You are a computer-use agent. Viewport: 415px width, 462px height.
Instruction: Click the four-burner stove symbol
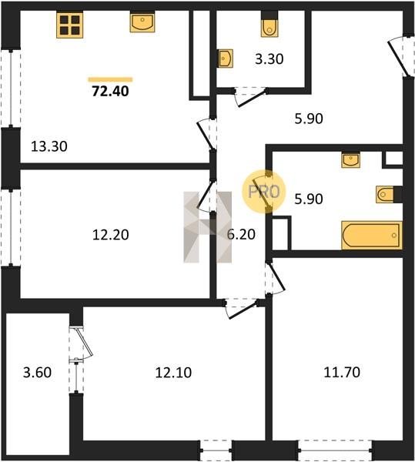(70, 25)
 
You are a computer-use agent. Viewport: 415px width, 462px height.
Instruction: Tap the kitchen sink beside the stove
(142, 22)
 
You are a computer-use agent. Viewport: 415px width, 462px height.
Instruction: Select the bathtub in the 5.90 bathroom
(372, 235)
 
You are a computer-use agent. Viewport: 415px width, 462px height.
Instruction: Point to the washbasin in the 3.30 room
(226, 59)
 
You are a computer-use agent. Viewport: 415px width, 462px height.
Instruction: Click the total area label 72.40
(110, 91)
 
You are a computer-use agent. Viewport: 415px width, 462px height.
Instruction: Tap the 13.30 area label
(49, 146)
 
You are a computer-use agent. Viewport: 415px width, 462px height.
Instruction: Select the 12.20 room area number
(110, 235)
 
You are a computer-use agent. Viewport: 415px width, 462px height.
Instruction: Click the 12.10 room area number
(173, 373)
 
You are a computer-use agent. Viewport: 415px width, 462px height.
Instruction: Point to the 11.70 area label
(342, 372)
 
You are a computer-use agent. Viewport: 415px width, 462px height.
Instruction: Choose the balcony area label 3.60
(38, 373)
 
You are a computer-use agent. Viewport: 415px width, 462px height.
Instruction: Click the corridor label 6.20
(241, 234)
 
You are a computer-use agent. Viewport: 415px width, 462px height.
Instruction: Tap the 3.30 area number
(269, 59)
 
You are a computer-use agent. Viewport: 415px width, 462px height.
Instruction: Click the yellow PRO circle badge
(264, 192)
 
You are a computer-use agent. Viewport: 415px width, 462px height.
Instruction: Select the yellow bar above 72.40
(110, 79)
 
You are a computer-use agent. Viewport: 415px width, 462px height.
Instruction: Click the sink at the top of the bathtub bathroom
(350, 160)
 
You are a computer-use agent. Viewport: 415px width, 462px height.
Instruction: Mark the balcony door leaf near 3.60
(85, 342)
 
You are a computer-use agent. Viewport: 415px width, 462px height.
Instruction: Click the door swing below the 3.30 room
(252, 97)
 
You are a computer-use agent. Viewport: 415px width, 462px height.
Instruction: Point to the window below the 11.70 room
(335, 450)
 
